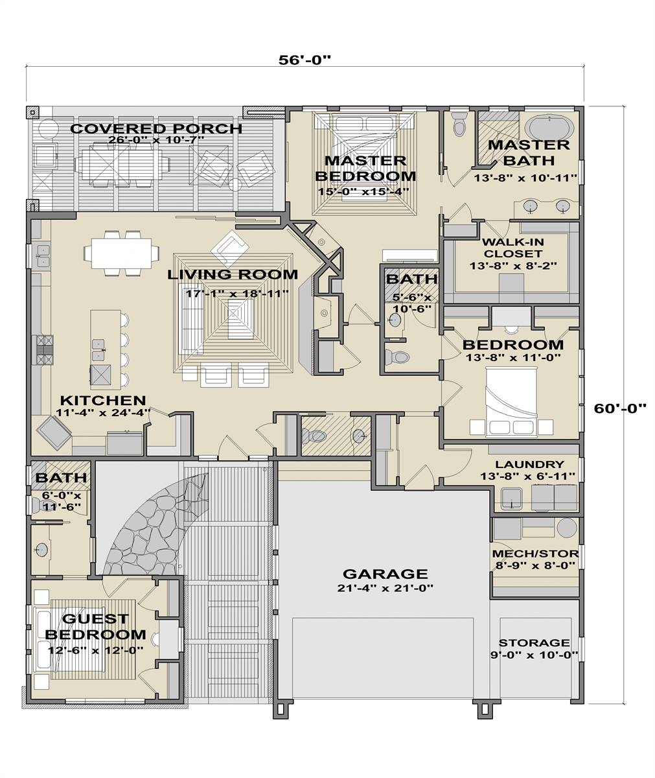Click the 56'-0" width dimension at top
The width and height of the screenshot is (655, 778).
pos(305,60)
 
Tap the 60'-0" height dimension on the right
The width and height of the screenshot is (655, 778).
pos(620,408)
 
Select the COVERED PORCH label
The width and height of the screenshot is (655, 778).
pos(155,129)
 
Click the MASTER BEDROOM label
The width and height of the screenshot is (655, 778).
pos(365,168)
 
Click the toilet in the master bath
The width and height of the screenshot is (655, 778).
pos(460,123)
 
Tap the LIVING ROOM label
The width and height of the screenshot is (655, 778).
pos(233,274)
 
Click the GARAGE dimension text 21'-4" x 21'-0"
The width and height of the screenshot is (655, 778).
pos(385,589)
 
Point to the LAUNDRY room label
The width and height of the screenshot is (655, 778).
pos(529,464)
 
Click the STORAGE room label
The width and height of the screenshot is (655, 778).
pos(534,643)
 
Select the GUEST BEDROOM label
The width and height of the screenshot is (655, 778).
pos(95,626)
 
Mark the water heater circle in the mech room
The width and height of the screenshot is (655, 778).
pos(566,526)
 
